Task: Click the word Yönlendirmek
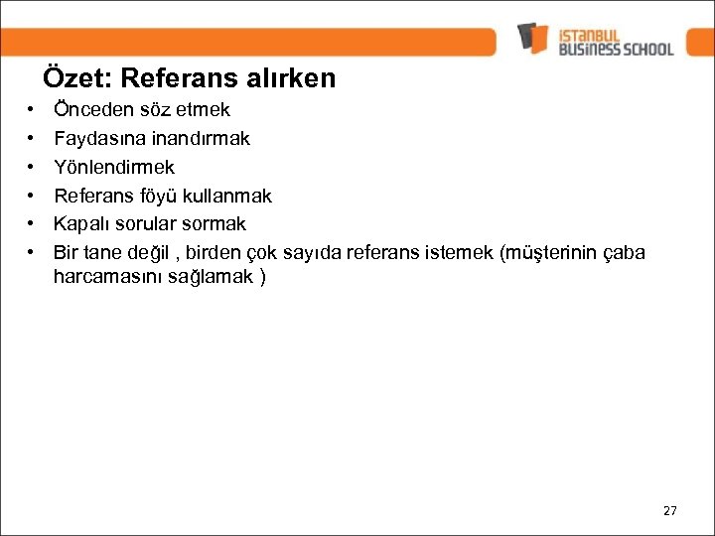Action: [114, 166]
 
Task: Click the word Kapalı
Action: [83, 223]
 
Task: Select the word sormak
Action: [213, 223]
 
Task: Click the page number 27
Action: [669, 510]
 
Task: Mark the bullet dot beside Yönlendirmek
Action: [33, 167]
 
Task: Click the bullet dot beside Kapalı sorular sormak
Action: [33, 224]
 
